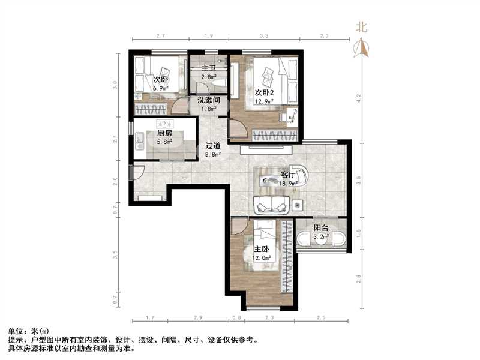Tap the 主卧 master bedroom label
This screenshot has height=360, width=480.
point(260,249)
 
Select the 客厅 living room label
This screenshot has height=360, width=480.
point(288,175)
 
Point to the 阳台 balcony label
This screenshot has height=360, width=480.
point(321,228)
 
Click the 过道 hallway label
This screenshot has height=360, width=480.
point(213,145)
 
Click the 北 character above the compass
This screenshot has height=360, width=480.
point(361,27)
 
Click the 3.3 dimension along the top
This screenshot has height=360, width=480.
point(263,37)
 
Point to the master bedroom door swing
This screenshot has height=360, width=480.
point(238,227)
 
